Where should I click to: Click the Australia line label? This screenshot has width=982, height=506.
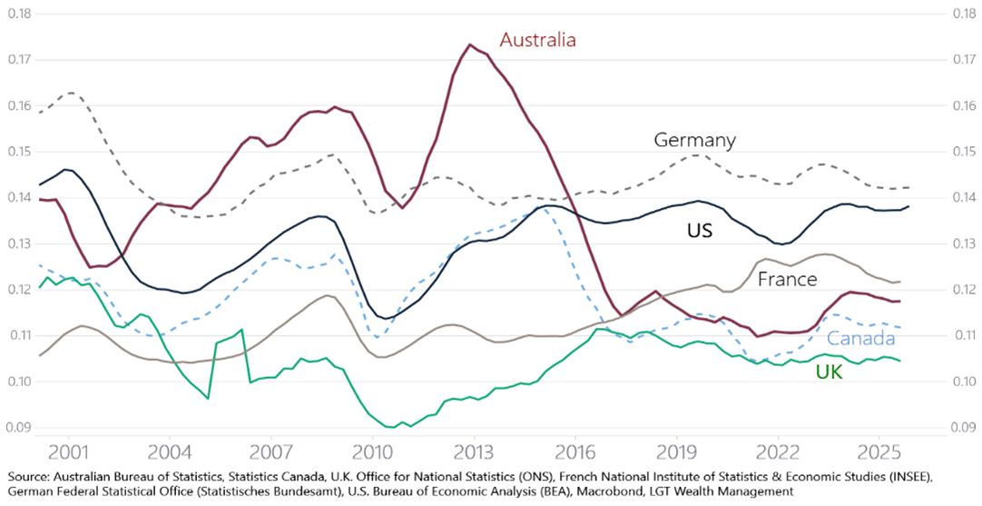(x=538, y=40)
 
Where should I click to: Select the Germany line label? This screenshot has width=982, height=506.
(x=694, y=140)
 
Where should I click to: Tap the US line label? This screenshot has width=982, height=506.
(x=699, y=231)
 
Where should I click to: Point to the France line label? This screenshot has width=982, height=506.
(x=787, y=279)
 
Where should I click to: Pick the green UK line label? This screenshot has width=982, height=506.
(x=829, y=371)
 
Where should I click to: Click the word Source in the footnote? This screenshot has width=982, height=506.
(x=29, y=475)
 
